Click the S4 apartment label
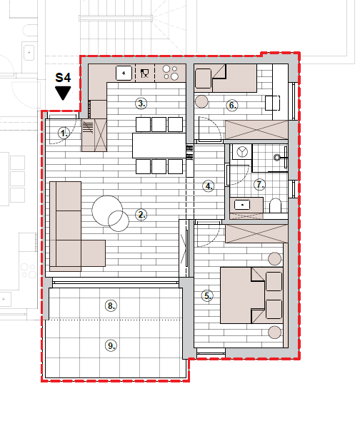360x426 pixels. [63, 78]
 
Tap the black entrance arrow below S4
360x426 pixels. [63, 93]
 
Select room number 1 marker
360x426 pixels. [64, 133]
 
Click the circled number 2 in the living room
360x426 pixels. [141, 215]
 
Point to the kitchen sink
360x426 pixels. [124, 73]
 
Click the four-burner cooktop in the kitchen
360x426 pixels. [171, 73]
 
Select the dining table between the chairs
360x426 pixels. [159, 146]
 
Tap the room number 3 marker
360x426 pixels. [141, 103]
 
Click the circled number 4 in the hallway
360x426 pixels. [209, 186]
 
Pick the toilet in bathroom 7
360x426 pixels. [275, 206]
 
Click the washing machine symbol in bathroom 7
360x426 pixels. [242, 152]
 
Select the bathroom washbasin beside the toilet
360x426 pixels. [242, 205]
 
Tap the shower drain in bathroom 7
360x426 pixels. [277, 157]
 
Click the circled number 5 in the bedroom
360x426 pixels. [207, 295]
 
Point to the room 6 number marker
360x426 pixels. [232, 105]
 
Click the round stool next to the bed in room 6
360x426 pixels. [201, 101]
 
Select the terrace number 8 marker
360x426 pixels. [111, 305]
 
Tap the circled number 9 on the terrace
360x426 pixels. [111, 345]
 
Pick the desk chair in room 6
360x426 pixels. [272, 103]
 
